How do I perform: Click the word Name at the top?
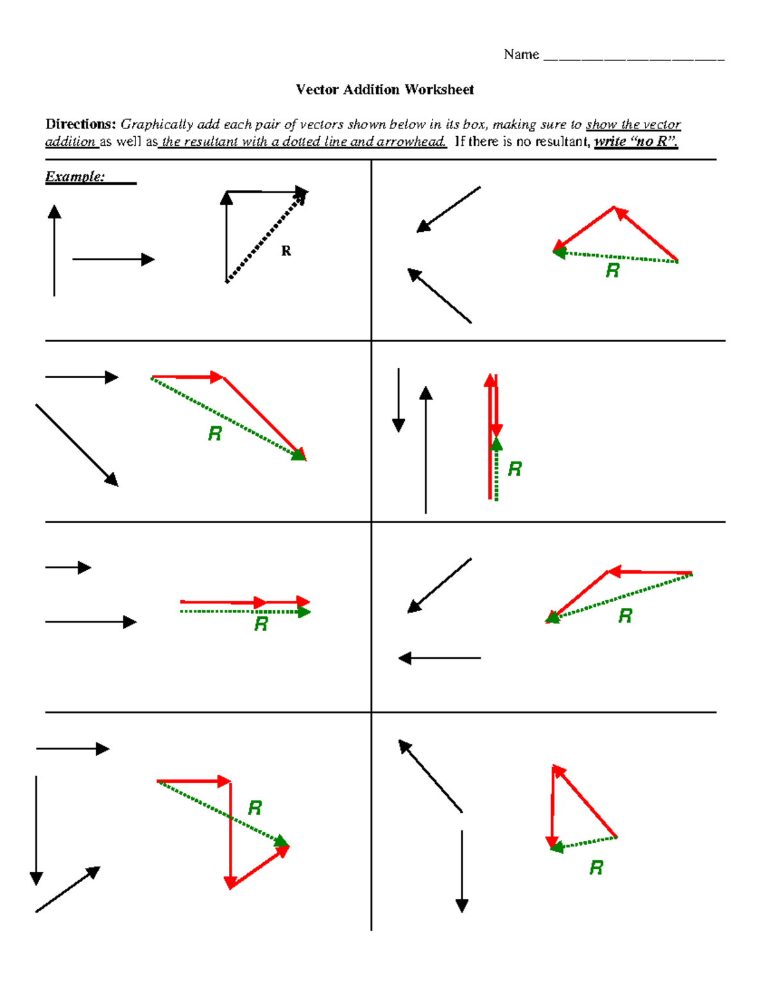coord(521,55)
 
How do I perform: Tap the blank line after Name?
coord(633,58)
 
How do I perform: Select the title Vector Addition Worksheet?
coord(384,90)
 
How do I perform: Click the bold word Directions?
coord(80,125)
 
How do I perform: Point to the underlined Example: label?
coord(75,177)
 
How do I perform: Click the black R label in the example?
coord(286,251)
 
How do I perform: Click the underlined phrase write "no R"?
coord(635,142)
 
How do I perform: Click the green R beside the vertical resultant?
coord(515,469)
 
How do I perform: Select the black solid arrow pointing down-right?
coord(77,445)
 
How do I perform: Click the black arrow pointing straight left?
coord(440,658)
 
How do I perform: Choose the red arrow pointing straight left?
coord(649,572)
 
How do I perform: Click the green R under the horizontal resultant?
coord(261,624)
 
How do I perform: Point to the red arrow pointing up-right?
coord(260,867)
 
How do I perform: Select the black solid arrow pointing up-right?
coord(68,889)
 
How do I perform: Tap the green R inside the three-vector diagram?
coord(255,808)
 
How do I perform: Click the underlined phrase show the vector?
coord(633,125)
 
